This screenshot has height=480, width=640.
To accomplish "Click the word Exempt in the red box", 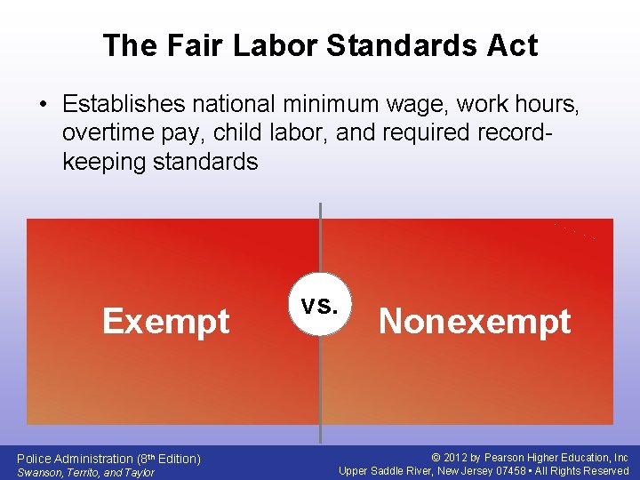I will click(166, 321).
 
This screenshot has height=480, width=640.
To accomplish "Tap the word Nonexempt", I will click(475, 321).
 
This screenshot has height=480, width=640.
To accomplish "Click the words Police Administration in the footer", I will click(76, 459).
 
